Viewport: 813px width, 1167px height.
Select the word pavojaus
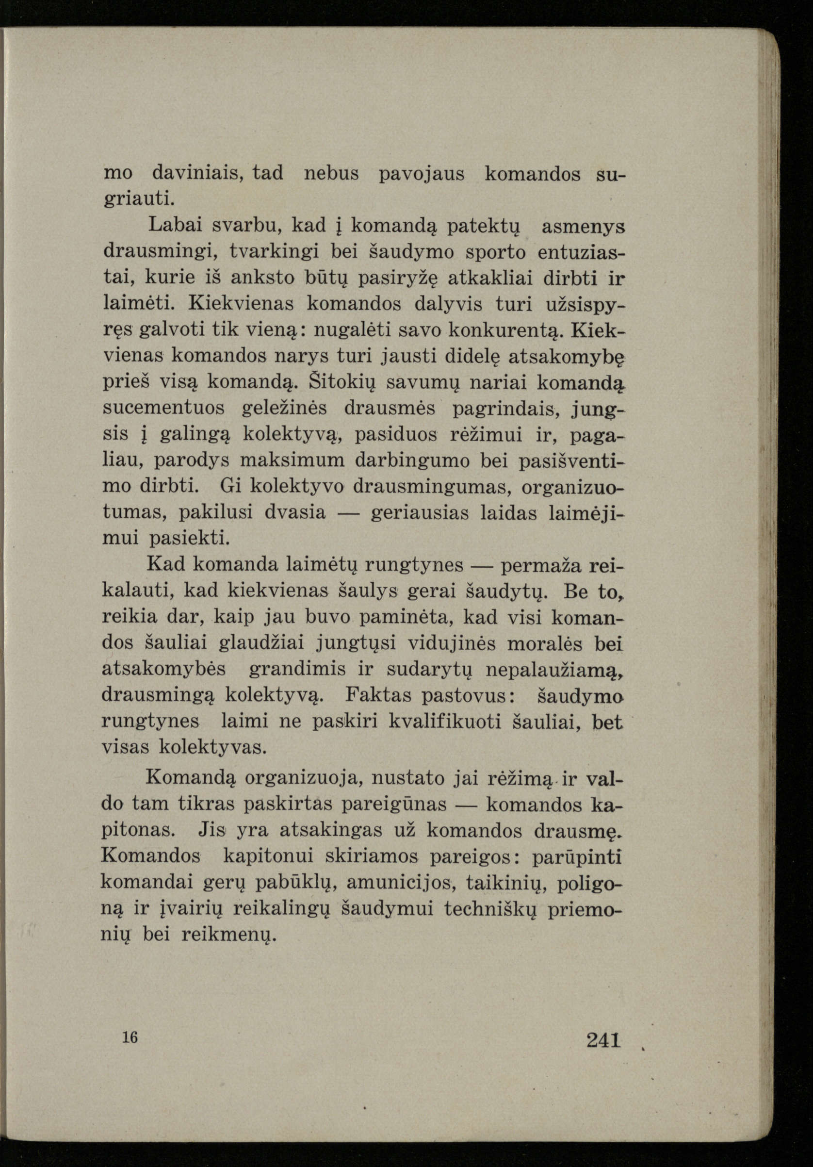422,174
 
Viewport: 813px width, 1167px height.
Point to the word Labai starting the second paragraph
172,226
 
